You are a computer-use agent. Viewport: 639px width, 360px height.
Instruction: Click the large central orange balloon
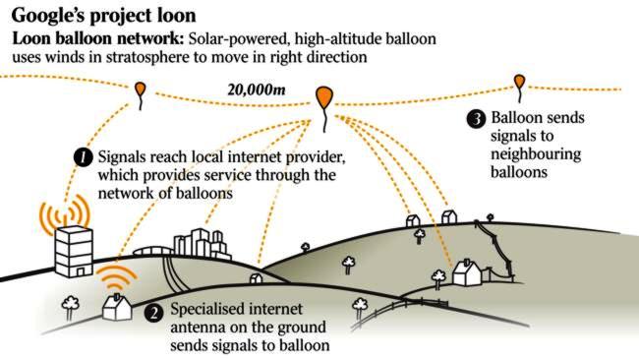pos(323,96)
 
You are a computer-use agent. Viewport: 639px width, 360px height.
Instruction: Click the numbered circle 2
pos(152,313)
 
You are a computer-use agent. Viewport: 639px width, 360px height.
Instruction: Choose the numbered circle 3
pos(476,119)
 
